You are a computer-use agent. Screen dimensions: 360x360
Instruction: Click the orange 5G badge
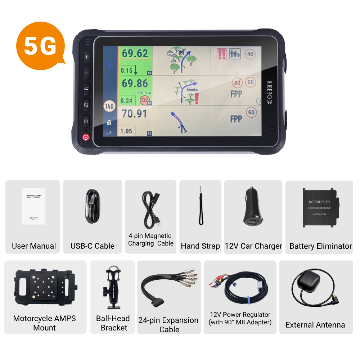click(x=40, y=45)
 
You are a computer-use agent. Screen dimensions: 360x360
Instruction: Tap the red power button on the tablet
click(x=86, y=137)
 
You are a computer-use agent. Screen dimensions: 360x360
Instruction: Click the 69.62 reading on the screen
click(x=135, y=54)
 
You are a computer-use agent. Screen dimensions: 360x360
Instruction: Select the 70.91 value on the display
click(x=134, y=114)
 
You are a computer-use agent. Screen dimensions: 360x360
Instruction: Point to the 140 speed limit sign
click(x=109, y=107)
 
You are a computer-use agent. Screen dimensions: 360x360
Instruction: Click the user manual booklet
click(x=33, y=206)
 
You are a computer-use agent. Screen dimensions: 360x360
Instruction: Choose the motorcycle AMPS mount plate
click(x=45, y=288)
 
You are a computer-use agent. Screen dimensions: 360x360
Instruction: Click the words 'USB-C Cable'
click(x=93, y=246)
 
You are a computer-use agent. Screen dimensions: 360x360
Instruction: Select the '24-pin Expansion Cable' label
click(x=168, y=325)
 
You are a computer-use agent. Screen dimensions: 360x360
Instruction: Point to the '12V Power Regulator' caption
click(x=240, y=315)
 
